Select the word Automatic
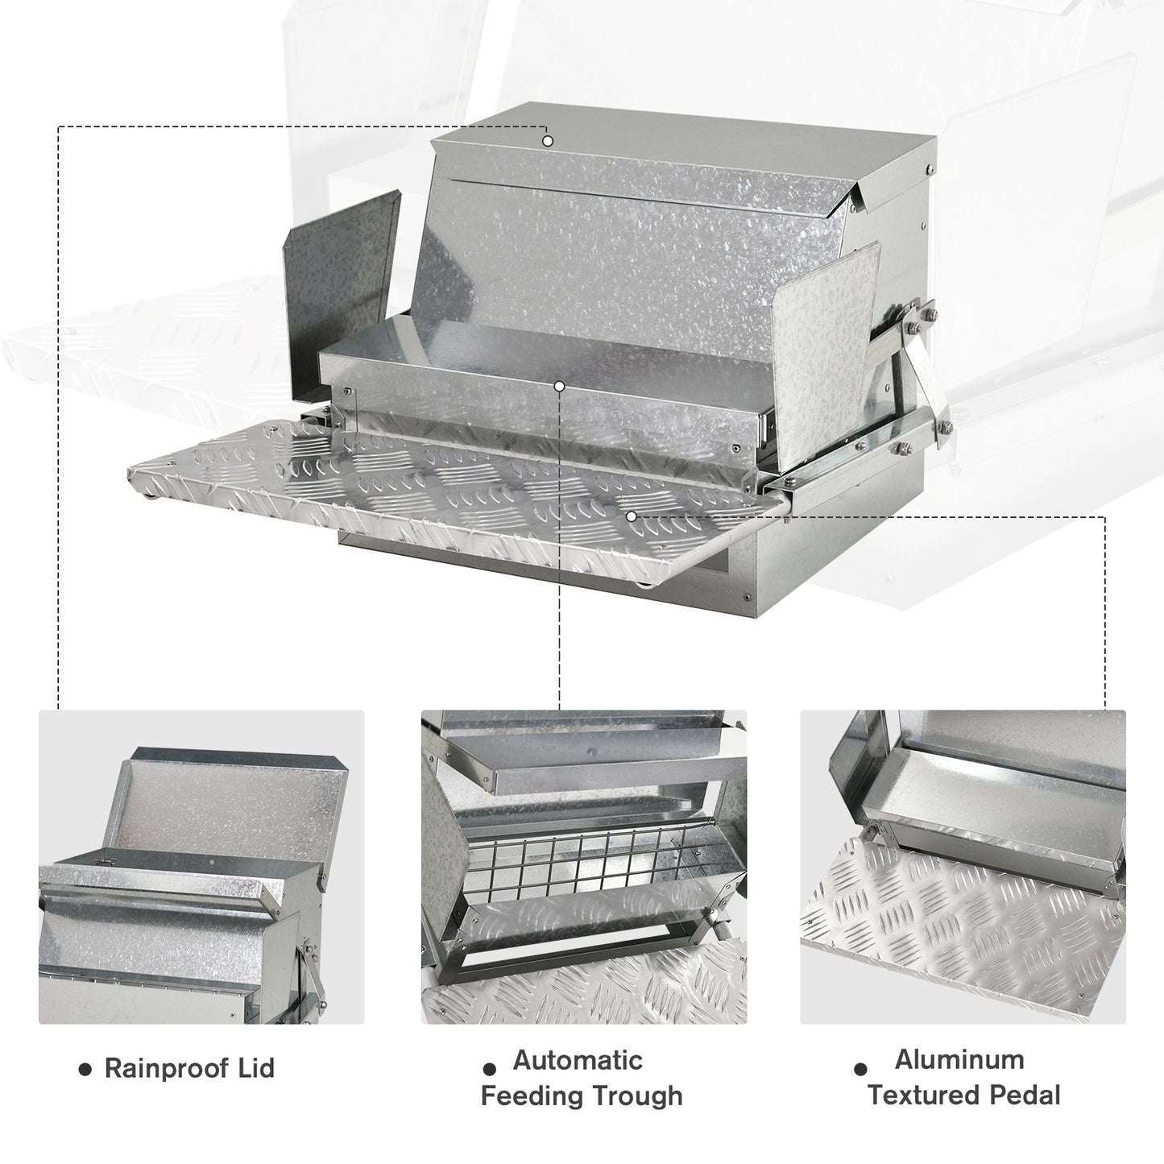pyautogui.click(x=578, y=1060)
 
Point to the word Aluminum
pyautogui.click(x=959, y=1059)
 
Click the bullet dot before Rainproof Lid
pyautogui.click(x=84, y=1069)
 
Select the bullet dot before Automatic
pyautogui.click(x=489, y=1069)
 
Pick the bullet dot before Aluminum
pyautogui.click(x=860, y=1069)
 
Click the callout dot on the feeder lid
pyautogui.click(x=548, y=141)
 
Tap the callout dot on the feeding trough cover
pyautogui.click(x=560, y=387)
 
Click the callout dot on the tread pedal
pyautogui.click(x=632, y=516)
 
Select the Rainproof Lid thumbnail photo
pyautogui.click(x=201, y=867)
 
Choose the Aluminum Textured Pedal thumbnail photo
pyautogui.click(x=963, y=867)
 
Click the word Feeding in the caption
pyautogui.click(x=532, y=1096)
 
